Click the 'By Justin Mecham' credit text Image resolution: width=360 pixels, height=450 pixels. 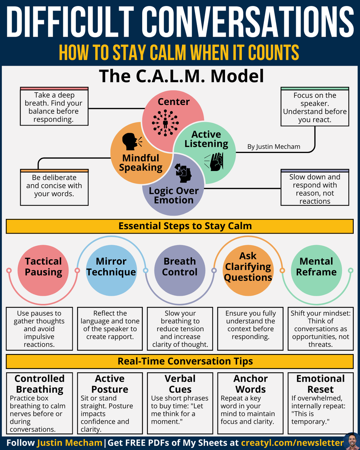274,147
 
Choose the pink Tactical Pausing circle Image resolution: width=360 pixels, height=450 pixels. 43,267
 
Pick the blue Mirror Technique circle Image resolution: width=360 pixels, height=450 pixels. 111,267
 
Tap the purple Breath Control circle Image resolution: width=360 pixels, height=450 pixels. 180,267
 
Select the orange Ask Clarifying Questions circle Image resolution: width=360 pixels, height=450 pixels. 248,267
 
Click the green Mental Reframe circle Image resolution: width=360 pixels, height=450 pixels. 316,267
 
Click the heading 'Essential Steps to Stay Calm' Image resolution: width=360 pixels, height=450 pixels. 180,226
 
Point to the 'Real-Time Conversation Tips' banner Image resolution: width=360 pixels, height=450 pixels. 180,361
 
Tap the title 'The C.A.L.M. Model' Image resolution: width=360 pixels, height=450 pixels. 181,76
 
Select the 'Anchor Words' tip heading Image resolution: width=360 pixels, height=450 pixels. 250,384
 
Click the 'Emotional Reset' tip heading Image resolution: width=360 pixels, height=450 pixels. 321,384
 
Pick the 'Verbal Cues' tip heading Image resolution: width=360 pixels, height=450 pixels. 180,384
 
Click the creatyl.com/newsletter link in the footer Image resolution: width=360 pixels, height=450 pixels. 291,443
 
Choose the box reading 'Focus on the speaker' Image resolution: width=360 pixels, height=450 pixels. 315,107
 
